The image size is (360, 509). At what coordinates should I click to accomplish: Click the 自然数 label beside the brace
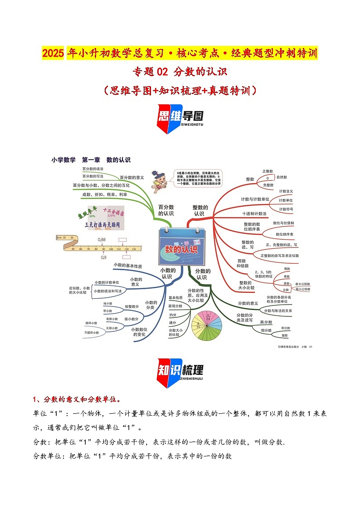[282, 177]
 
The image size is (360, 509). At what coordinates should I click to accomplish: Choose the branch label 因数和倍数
[242, 263]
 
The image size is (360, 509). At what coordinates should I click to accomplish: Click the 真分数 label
[266, 322]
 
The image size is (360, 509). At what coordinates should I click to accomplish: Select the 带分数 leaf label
[285, 328]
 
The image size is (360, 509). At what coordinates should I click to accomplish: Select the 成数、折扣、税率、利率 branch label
[104, 194]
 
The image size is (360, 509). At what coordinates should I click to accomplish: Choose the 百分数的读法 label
[92, 169]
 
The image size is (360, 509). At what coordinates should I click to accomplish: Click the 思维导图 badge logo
[180, 119]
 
